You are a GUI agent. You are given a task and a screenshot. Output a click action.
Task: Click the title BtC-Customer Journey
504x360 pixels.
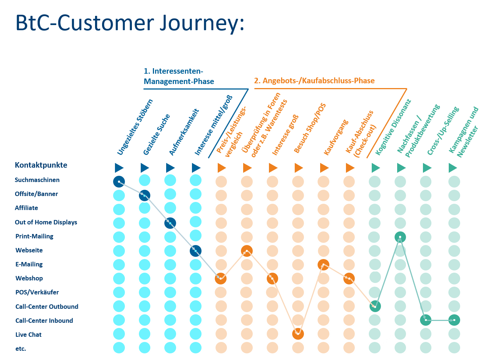(130, 23)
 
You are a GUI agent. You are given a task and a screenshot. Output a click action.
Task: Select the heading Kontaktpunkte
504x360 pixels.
(41, 165)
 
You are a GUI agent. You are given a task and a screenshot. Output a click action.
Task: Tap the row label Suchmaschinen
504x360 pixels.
(37, 180)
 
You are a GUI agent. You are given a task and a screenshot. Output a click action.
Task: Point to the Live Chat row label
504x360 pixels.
(28, 335)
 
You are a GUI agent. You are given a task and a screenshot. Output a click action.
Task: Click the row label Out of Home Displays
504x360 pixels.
(46, 222)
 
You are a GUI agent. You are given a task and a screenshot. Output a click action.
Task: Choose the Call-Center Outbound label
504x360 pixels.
(47, 307)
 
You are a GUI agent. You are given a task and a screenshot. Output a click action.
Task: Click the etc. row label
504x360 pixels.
(21, 349)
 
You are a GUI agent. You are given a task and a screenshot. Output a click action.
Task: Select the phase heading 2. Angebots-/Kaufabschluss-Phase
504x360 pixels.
(314, 81)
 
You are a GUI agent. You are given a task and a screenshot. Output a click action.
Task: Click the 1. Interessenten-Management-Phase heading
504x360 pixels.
(179, 76)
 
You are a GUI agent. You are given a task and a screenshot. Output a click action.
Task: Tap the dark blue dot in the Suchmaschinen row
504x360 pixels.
(119, 182)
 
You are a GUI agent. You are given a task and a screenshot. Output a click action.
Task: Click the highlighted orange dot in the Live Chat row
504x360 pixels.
(298, 334)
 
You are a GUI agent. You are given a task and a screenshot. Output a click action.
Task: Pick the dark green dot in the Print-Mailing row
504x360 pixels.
(400, 237)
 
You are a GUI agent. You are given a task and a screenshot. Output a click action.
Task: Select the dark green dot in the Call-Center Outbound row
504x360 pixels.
(375, 306)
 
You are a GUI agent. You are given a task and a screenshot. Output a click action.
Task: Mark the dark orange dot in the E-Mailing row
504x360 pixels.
(323, 265)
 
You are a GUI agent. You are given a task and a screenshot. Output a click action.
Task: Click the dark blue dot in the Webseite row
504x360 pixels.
(196, 251)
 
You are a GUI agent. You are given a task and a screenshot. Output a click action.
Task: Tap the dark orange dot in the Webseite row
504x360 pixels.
(247, 251)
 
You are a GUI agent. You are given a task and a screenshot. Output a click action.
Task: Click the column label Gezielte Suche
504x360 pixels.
(157, 134)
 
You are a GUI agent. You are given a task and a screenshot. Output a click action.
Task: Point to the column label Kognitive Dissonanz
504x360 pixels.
(393, 127)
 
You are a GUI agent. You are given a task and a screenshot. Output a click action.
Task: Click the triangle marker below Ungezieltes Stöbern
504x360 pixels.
(119, 168)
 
